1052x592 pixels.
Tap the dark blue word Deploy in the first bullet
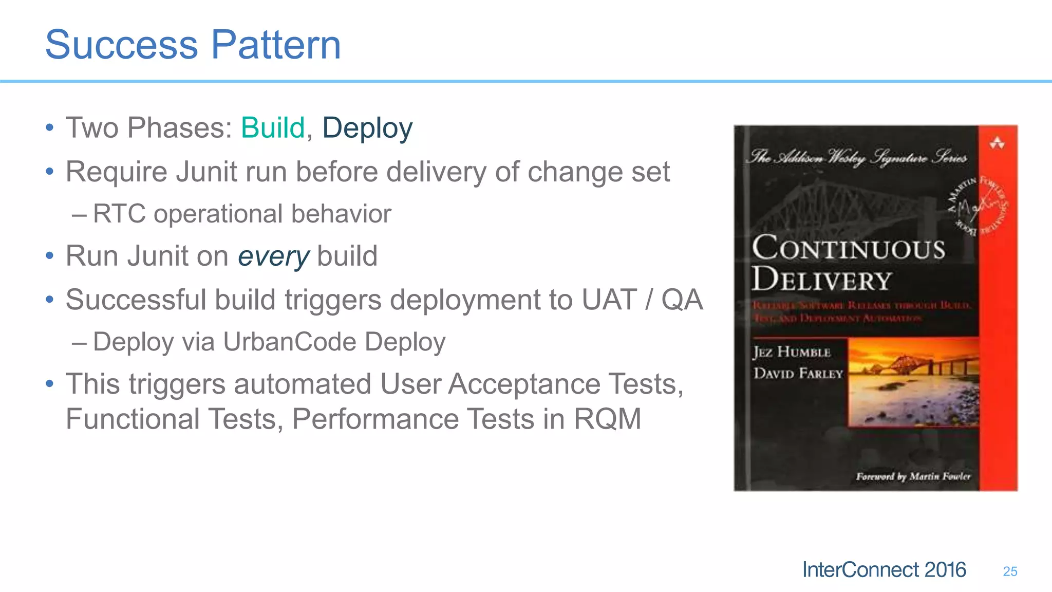(x=367, y=128)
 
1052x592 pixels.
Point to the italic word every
(x=273, y=256)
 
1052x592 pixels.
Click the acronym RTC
(x=119, y=214)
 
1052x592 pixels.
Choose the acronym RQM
(x=607, y=419)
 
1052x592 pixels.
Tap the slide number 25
(x=1010, y=571)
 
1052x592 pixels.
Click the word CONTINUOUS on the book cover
(x=849, y=248)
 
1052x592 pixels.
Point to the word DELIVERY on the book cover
(x=821, y=280)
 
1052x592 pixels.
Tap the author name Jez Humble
(x=792, y=353)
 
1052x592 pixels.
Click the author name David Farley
(x=798, y=374)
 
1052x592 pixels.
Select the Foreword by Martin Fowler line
(x=913, y=476)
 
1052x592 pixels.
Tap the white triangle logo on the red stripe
(x=997, y=143)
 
